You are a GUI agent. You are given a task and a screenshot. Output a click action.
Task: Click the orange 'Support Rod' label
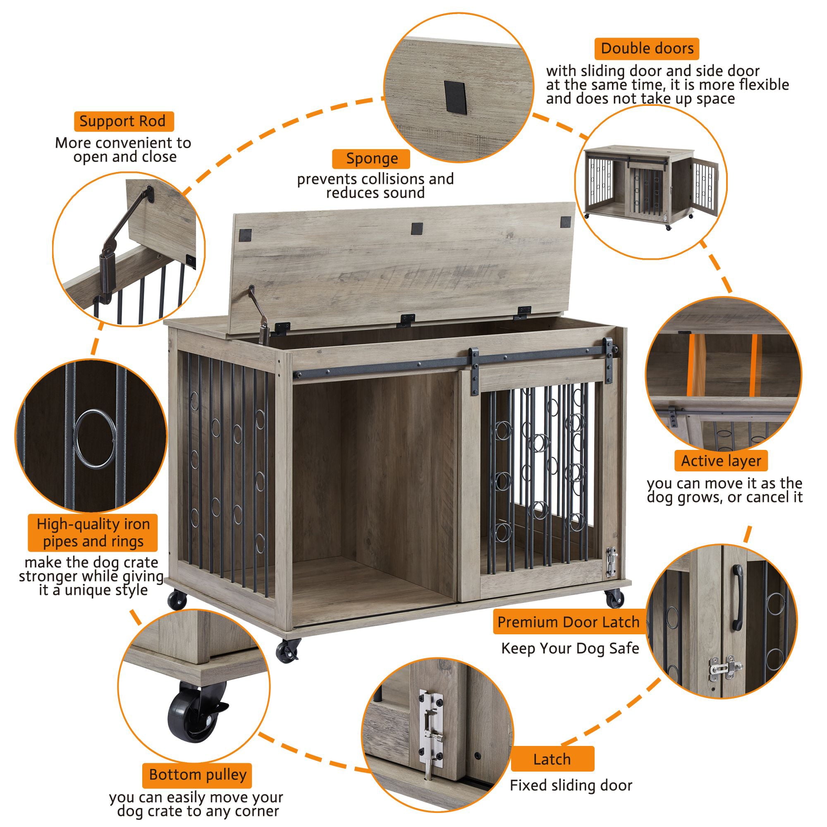coord(122,121)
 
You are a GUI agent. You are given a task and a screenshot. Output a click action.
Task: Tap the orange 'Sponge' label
coord(371,158)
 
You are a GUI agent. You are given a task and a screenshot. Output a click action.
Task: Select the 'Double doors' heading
coord(646,48)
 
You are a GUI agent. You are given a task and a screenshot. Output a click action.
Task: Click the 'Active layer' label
coord(721,461)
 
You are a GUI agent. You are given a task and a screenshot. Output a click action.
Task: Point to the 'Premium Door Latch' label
coord(568,621)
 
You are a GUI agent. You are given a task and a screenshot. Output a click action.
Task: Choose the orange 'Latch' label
coord(552,759)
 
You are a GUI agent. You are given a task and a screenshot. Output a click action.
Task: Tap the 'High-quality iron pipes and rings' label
coord(93,533)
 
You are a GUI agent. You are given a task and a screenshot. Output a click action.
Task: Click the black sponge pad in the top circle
coord(455,97)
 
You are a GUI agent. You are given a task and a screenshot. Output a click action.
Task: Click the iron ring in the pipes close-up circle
coord(95,440)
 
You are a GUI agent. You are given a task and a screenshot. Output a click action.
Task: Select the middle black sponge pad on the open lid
coord(417,228)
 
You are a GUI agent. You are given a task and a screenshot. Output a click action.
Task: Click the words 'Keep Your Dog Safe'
coord(570,648)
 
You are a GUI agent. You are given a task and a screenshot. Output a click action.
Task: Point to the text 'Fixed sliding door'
coord(571,785)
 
